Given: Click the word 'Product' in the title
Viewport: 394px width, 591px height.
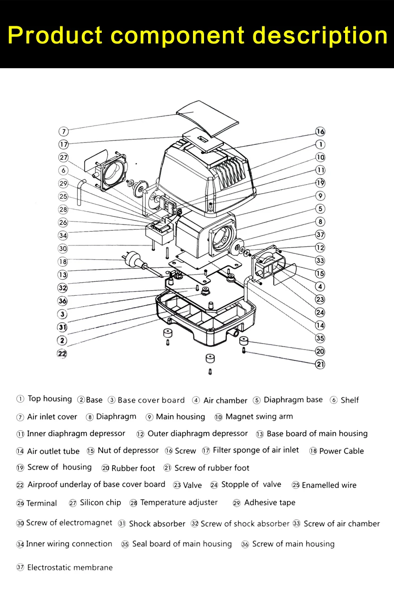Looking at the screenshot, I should (55, 35).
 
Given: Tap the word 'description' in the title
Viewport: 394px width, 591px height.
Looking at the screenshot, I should (320, 35).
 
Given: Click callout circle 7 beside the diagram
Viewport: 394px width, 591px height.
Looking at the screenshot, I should (63, 132).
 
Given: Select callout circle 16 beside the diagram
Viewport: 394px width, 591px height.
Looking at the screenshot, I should (320, 132).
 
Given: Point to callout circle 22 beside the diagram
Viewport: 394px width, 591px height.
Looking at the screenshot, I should (62, 354).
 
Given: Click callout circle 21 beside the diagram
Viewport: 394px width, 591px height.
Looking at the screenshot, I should (320, 364).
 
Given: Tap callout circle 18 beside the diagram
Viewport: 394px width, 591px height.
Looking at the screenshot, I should (63, 262).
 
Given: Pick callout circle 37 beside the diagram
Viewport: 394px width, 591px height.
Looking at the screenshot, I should (320, 235).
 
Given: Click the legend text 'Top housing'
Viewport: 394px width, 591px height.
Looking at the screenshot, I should (50, 399).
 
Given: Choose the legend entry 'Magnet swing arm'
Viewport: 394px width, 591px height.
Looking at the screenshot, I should (259, 416).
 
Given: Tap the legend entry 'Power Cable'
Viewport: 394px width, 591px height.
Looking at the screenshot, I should (342, 451).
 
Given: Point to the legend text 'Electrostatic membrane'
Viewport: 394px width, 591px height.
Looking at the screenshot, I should (70, 568).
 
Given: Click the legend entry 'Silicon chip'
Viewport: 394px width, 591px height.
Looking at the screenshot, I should (100, 503).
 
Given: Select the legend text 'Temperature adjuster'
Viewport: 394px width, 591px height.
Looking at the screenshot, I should (179, 502).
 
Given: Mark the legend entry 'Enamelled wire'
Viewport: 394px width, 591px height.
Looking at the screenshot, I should (329, 485).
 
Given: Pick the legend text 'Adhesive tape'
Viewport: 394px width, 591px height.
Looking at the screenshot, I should (270, 503).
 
